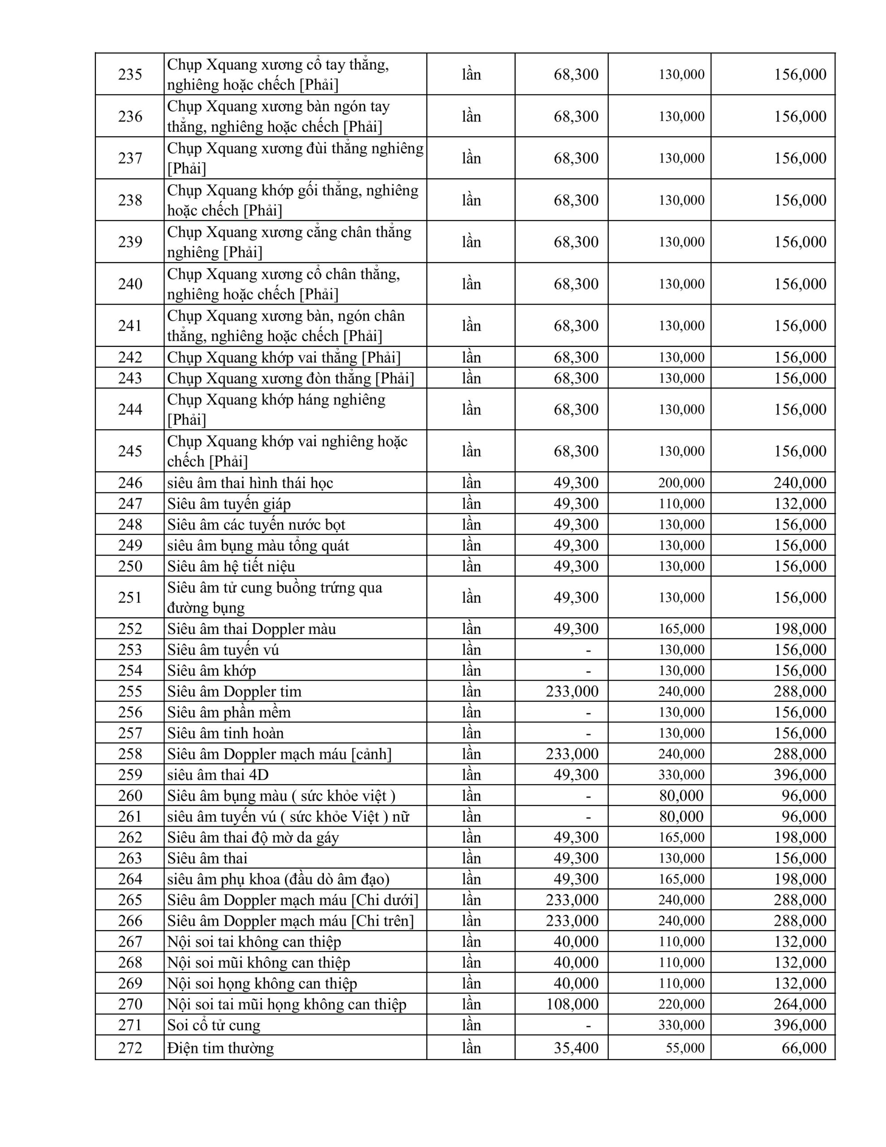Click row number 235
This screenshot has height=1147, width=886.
click(130, 74)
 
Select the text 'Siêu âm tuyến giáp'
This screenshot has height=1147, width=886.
click(228, 504)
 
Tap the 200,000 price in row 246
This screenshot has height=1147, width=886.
click(681, 483)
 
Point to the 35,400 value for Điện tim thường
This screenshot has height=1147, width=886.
click(576, 1048)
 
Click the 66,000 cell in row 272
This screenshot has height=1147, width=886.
click(804, 1048)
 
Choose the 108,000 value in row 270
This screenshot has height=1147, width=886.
click(572, 1004)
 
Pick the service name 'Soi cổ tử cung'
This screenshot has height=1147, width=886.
click(213, 1025)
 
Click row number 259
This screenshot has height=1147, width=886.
click(130, 775)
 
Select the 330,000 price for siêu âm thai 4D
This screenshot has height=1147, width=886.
click(681, 775)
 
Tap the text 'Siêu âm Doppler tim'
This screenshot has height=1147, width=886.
click(234, 691)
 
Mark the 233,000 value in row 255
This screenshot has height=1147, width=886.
click(572, 691)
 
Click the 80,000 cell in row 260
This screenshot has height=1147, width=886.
click(681, 796)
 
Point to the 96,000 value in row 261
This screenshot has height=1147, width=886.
click(804, 817)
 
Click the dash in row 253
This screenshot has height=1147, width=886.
click(588, 650)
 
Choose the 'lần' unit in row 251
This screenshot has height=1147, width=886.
click(471, 597)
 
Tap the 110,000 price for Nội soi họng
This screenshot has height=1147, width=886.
click(681, 983)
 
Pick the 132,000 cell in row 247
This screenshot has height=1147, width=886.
click(800, 504)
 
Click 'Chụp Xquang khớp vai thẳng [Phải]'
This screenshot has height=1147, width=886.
click(284, 358)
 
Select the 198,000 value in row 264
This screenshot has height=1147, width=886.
click(800, 879)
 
